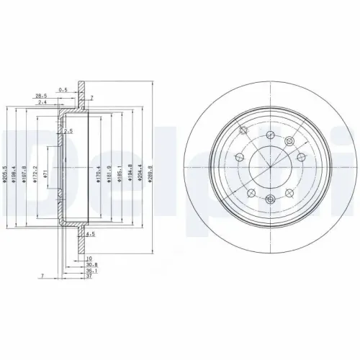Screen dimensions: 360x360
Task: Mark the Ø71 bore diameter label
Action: pyautogui.click(x=45, y=174)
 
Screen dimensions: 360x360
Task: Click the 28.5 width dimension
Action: pyautogui.click(x=42, y=95)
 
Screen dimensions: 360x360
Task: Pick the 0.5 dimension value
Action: pyautogui.click(x=64, y=90)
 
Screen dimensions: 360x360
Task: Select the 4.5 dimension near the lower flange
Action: pyautogui.click(x=91, y=235)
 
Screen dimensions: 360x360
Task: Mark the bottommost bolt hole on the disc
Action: pyautogui.click(x=269, y=199)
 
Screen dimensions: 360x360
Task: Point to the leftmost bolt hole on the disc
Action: pyautogui.click(x=239, y=156)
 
